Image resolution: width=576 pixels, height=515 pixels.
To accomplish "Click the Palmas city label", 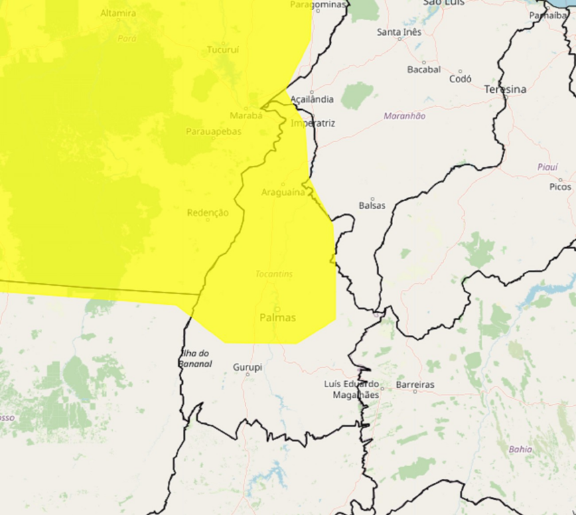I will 277,317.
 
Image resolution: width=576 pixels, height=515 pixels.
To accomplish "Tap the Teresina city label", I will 505,89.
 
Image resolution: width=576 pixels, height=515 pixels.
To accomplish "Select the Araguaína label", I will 283,192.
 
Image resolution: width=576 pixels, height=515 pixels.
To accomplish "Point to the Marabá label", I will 246,115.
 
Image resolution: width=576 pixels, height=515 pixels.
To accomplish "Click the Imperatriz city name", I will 313,123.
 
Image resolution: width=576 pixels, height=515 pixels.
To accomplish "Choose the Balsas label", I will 372,206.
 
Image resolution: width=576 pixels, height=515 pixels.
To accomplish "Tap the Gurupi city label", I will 247,367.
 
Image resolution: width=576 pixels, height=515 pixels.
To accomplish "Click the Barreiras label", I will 415,384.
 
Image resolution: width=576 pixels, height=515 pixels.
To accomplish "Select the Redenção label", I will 208,213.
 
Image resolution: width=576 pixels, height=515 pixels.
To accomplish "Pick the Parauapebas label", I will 214,131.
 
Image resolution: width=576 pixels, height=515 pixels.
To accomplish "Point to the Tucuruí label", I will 222,50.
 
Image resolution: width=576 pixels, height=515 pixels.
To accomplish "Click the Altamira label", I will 118,13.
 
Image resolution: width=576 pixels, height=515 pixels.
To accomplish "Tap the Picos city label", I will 560,187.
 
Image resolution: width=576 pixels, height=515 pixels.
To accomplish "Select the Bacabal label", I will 424,69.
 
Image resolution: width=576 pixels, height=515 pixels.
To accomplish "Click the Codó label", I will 460,78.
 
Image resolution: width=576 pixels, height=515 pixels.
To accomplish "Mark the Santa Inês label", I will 399,31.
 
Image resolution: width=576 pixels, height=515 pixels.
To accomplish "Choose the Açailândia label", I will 312,99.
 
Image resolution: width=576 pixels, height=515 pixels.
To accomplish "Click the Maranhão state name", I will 404,116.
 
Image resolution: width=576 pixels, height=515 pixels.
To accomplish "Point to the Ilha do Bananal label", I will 196,359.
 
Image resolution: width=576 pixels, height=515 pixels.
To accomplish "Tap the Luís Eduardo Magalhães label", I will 351,390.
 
